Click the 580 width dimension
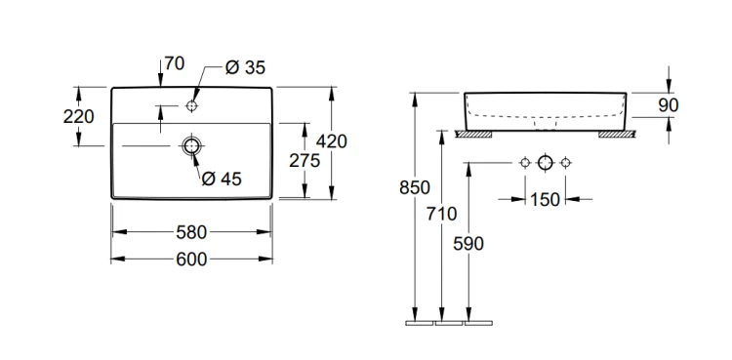pyautogui.click(x=191, y=232)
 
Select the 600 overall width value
pyautogui.click(x=191, y=260)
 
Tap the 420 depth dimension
pyautogui.click(x=332, y=141)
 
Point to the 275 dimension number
pyautogui.click(x=305, y=160)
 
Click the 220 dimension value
pyautogui.click(x=78, y=116)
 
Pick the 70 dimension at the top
pyautogui.click(x=175, y=63)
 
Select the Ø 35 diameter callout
pyautogui.click(x=245, y=67)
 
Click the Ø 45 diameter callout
pyautogui.click(x=222, y=179)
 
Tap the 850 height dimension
pyautogui.click(x=415, y=187)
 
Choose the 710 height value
pyautogui.click(x=441, y=214)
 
